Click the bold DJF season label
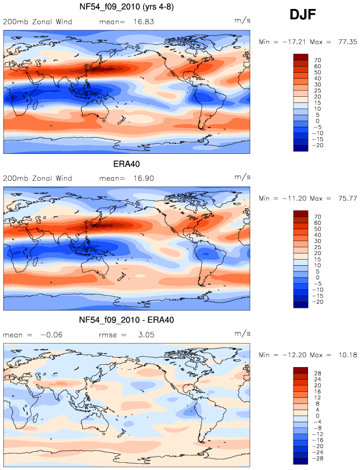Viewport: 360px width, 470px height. pos(303,15)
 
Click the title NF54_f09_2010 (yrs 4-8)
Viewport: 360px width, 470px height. pos(126,7)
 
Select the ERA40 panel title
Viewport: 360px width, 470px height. pos(126,164)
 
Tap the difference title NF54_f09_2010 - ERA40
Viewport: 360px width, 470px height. pos(126,320)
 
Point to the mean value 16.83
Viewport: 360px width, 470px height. pos(144,22)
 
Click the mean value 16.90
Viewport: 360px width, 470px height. pos(144,178)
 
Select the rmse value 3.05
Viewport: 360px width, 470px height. pos(146,335)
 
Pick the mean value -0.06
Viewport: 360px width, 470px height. pos(51,335)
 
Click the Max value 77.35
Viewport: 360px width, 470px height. pos(347,41)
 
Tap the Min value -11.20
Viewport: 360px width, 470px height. pos(293,199)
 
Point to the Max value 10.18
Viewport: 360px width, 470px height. pos(347,355)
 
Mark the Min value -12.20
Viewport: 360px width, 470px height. pos(293,355)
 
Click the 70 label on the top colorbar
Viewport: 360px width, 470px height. pos(318,60)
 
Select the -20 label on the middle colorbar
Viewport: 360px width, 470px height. pos(318,302)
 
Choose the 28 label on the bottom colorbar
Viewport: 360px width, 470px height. pos(318,373)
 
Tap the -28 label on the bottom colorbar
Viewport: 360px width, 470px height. pos(318,458)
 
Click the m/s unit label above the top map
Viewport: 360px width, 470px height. pos(242,20)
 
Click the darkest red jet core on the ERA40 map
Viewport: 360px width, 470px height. pos(108,224)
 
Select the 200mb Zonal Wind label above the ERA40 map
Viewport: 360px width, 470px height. pos(37,178)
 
